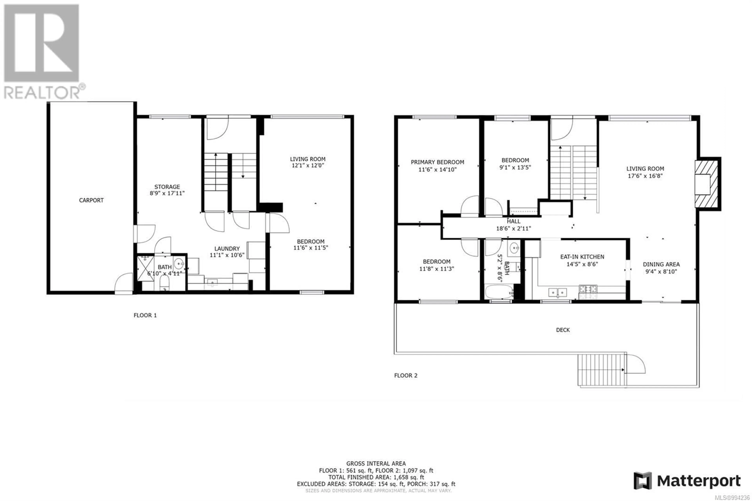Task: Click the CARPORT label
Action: [x=91, y=200]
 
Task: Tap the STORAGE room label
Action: [x=167, y=187]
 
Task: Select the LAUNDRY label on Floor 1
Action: [x=227, y=249]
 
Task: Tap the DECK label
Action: [x=563, y=330]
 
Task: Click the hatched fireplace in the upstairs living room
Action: [x=706, y=184]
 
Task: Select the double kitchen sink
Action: [x=558, y=292]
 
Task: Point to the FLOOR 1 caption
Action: [x=145, y=315]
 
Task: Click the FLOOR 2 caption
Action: [x=406, y=375]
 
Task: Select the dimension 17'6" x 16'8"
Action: [x=645, y=176]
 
